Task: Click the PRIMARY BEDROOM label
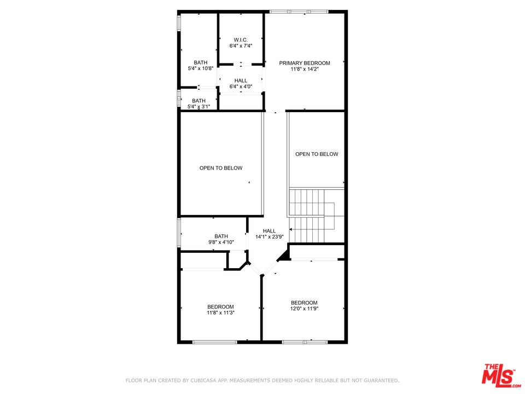[305, 63]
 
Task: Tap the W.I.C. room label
[241, 39]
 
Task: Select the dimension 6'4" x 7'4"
[241, 46]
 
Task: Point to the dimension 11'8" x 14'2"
[305, 69]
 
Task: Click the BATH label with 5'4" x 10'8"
[200, 62]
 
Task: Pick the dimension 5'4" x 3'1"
[199, 107]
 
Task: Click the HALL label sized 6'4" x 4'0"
[241, 80]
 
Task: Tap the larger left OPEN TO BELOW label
[220, 168]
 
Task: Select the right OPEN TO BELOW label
[317, 154]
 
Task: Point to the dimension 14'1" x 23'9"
[269, 237]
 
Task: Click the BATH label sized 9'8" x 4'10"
[221, 236]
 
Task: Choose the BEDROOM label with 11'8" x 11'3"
[220, 306]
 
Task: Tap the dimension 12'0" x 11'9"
[304, 309]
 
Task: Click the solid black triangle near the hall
[284, 254]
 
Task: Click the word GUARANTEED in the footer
[380, 380]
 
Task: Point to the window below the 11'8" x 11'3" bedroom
[215, 342]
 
